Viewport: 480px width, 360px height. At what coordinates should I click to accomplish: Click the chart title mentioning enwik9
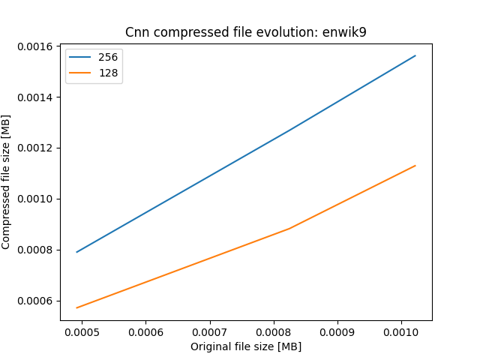[246, 33]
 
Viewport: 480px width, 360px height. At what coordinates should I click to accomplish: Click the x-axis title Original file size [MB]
[246, 346]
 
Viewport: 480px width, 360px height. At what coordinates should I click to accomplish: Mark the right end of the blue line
[415, 55]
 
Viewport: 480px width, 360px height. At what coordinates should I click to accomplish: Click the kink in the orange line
[289, 229]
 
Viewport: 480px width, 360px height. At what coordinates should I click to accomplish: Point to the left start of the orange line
[77, 307]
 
